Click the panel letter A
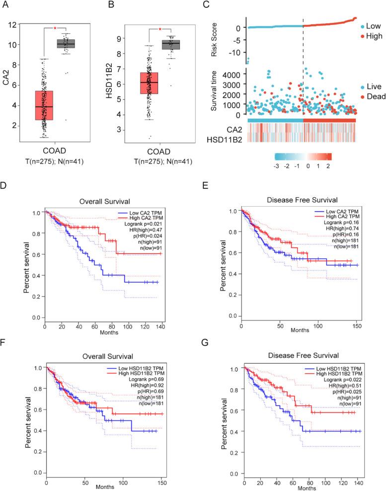click(6, 6)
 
